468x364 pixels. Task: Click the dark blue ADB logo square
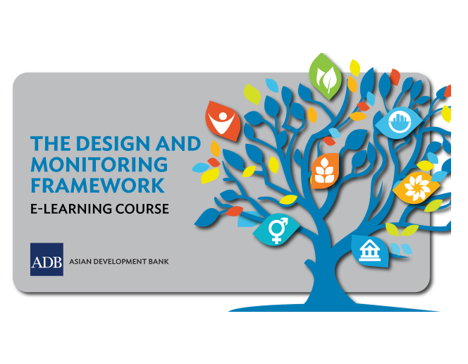coord(47,259)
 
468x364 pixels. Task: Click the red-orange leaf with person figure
coord(222,118)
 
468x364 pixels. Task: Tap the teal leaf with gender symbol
coord(277,229)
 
